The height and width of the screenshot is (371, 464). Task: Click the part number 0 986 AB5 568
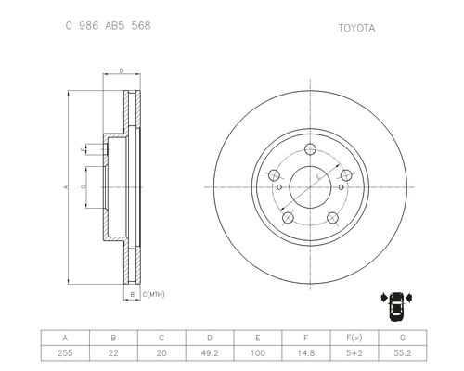108,25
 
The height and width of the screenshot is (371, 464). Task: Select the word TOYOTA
356,28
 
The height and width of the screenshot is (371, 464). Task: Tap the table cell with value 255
65,352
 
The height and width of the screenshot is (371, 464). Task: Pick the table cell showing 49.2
210,352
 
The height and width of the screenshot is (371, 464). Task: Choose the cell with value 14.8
306,352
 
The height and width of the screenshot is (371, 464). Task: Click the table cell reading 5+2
354,352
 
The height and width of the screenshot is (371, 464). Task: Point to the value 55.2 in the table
403,352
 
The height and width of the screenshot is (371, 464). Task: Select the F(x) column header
354,338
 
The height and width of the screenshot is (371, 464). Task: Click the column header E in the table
258,338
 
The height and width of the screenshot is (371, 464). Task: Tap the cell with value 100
258,352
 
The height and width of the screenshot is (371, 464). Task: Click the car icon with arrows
396,306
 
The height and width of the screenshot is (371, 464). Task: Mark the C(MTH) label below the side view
153,294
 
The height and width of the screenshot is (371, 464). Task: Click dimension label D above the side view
122,71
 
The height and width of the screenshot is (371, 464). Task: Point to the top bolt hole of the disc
310,149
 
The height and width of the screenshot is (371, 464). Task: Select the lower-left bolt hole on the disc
288,218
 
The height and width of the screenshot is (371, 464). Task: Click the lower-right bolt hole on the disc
332,218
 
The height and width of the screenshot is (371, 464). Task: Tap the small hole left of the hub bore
279,187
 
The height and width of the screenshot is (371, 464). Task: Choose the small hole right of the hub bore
341,187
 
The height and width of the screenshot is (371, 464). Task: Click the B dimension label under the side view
133,294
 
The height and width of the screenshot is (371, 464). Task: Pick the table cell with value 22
113,352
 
